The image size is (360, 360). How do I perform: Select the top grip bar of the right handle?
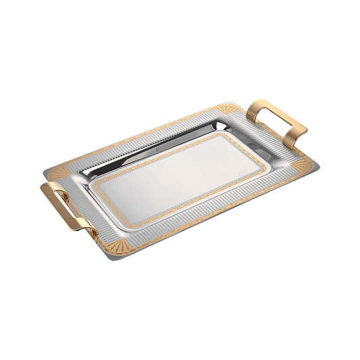[x=274, y=107]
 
